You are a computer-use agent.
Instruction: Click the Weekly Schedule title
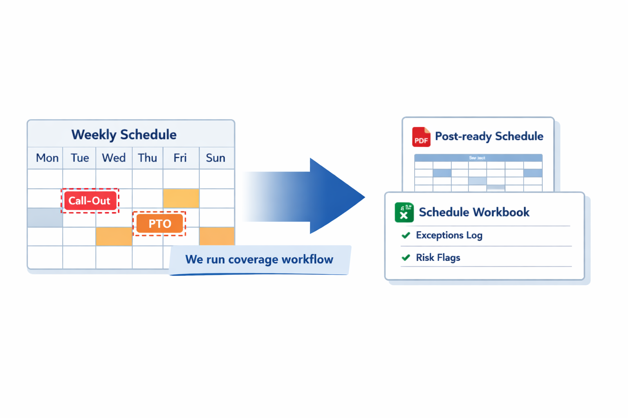tap(124, 135)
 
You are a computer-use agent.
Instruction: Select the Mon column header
tap(47, 158)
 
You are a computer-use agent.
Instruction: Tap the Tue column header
tap(80, 158)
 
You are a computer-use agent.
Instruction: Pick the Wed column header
tap(114, 158)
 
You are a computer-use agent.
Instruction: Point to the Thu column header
tap(147, 158)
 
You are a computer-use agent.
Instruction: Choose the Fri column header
tap(180, 158)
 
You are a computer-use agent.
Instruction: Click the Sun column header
tap(215, 158)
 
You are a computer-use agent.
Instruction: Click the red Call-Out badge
tap(90, 201)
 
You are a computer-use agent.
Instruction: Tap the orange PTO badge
tap(159, 224)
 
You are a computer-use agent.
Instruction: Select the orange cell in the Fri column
tap(181, 198)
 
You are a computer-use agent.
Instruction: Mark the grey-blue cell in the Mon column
tap(45, 217)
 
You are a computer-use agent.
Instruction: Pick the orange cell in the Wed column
tap(114, 237)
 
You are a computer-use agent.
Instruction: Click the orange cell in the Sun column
tap(217, 237)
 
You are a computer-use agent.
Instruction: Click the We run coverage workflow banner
tap(259, 260)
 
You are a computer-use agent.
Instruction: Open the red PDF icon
tap(421, 137)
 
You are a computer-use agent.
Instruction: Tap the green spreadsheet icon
tap(404, 212)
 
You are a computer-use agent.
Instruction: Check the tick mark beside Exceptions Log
tap(406, 235)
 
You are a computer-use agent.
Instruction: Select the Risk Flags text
tap(438, 258)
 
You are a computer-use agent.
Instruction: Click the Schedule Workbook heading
tap(474, 212)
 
